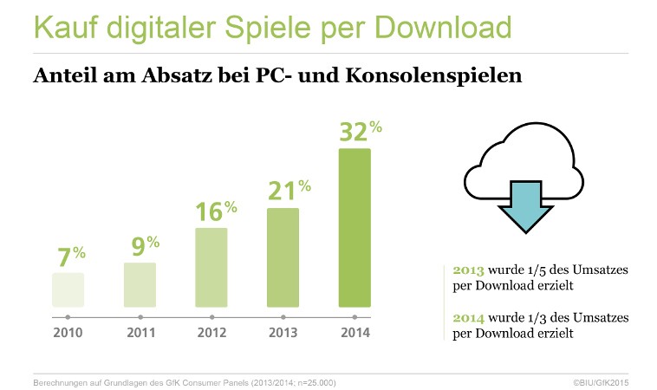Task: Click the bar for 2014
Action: [x=355, y=228]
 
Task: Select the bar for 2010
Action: [x=68, y=289]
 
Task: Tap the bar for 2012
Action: [x=211, y=267]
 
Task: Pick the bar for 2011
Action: [x=140, y=284]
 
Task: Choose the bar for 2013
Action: [x=283, y=257]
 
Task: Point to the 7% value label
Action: [x=71, y=257]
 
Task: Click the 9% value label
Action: [x=143, y=246]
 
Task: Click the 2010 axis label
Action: [x=68, y=332]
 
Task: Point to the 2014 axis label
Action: [x=355, y=332]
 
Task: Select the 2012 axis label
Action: [x=211, y=332]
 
